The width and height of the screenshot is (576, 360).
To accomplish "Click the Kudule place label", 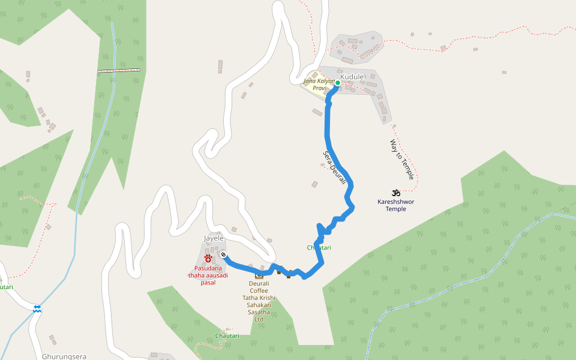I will [x=352, y=77].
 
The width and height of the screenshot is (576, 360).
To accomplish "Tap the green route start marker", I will [x=338, y=83].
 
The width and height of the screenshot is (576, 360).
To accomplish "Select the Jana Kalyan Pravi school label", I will [x=317, y=85].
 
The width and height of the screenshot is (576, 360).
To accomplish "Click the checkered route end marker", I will [x=223, y=254].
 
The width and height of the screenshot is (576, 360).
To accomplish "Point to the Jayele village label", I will [x=214, y=238].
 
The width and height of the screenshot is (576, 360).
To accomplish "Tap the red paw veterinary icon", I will [x=208, y=259].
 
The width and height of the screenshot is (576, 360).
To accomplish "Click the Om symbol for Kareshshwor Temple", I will [x=395, y=193].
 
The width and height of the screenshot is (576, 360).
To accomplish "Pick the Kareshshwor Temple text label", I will [x=395, y=205].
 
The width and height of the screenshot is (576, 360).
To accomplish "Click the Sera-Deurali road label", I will [x=334, y=167].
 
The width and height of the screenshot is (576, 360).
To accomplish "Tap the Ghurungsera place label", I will [x=64, y=356].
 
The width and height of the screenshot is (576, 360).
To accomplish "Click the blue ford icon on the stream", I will [x=37, y=308].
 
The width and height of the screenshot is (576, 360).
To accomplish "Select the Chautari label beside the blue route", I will [x=319, y=248].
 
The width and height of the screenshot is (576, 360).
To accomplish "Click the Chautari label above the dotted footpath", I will [x=227, y=335].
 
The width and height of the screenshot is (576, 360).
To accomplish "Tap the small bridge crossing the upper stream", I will [x=119, y=71].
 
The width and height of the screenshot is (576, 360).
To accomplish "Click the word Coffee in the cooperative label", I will [x=259, y=290].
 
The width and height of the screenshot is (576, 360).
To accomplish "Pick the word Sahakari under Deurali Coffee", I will [x=259, y=305].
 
